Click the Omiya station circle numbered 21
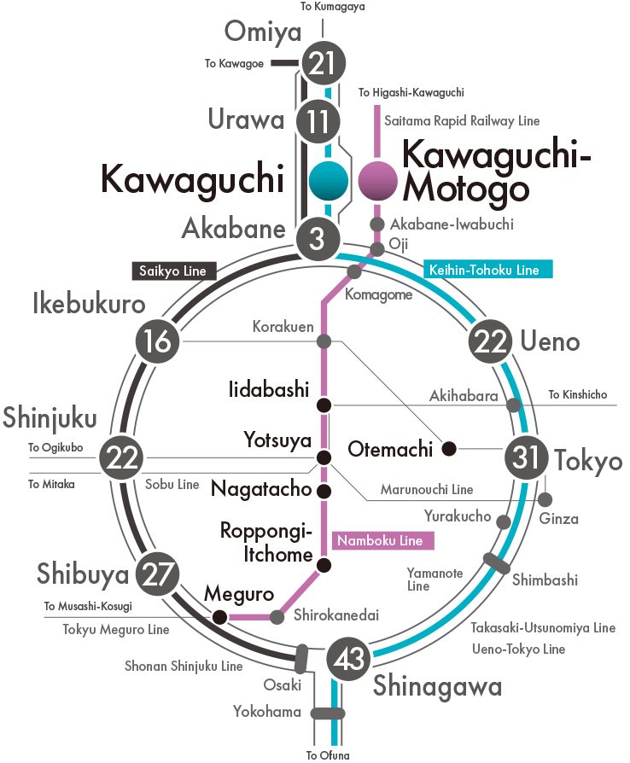tap(324, 63)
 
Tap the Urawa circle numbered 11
tap(318, 121)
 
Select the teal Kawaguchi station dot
tap(329, 181)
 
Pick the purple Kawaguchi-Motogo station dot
tap(378, 181)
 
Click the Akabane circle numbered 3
tap(318, 238)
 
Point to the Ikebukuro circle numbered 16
tap(157, 341)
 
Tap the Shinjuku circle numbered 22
tap(120, 457)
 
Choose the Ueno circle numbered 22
tap(490, 341)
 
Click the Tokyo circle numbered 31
tap(526, 457)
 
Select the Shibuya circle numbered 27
tap(157, 574)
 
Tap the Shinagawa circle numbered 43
tap(348, 659)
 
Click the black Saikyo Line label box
tap(174, 271)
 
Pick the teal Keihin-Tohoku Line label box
tap(487, 269)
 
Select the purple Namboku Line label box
tap(382, 540)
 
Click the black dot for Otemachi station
tap(449, 448)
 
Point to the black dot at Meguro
tap(220, 617)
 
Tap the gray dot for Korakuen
tap(324, 341)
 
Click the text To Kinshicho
tap(578, 394)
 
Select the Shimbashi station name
tap(545, 580)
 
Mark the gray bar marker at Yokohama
tap(328, 713)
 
